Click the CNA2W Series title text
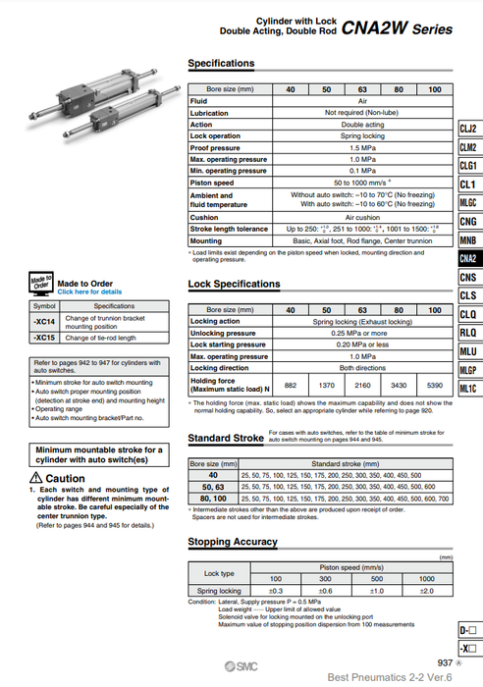point(398,29)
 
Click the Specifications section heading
point(221,64)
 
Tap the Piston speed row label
point(213,182)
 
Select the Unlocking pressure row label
point(223,333)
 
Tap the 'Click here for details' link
point(89,291)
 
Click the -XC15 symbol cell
point(44,338)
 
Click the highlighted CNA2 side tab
point(468,259)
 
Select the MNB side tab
point(468,240)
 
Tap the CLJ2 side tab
point(468,130)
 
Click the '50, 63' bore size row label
point(213,485)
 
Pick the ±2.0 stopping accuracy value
point(425,591)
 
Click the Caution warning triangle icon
point(35,478)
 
